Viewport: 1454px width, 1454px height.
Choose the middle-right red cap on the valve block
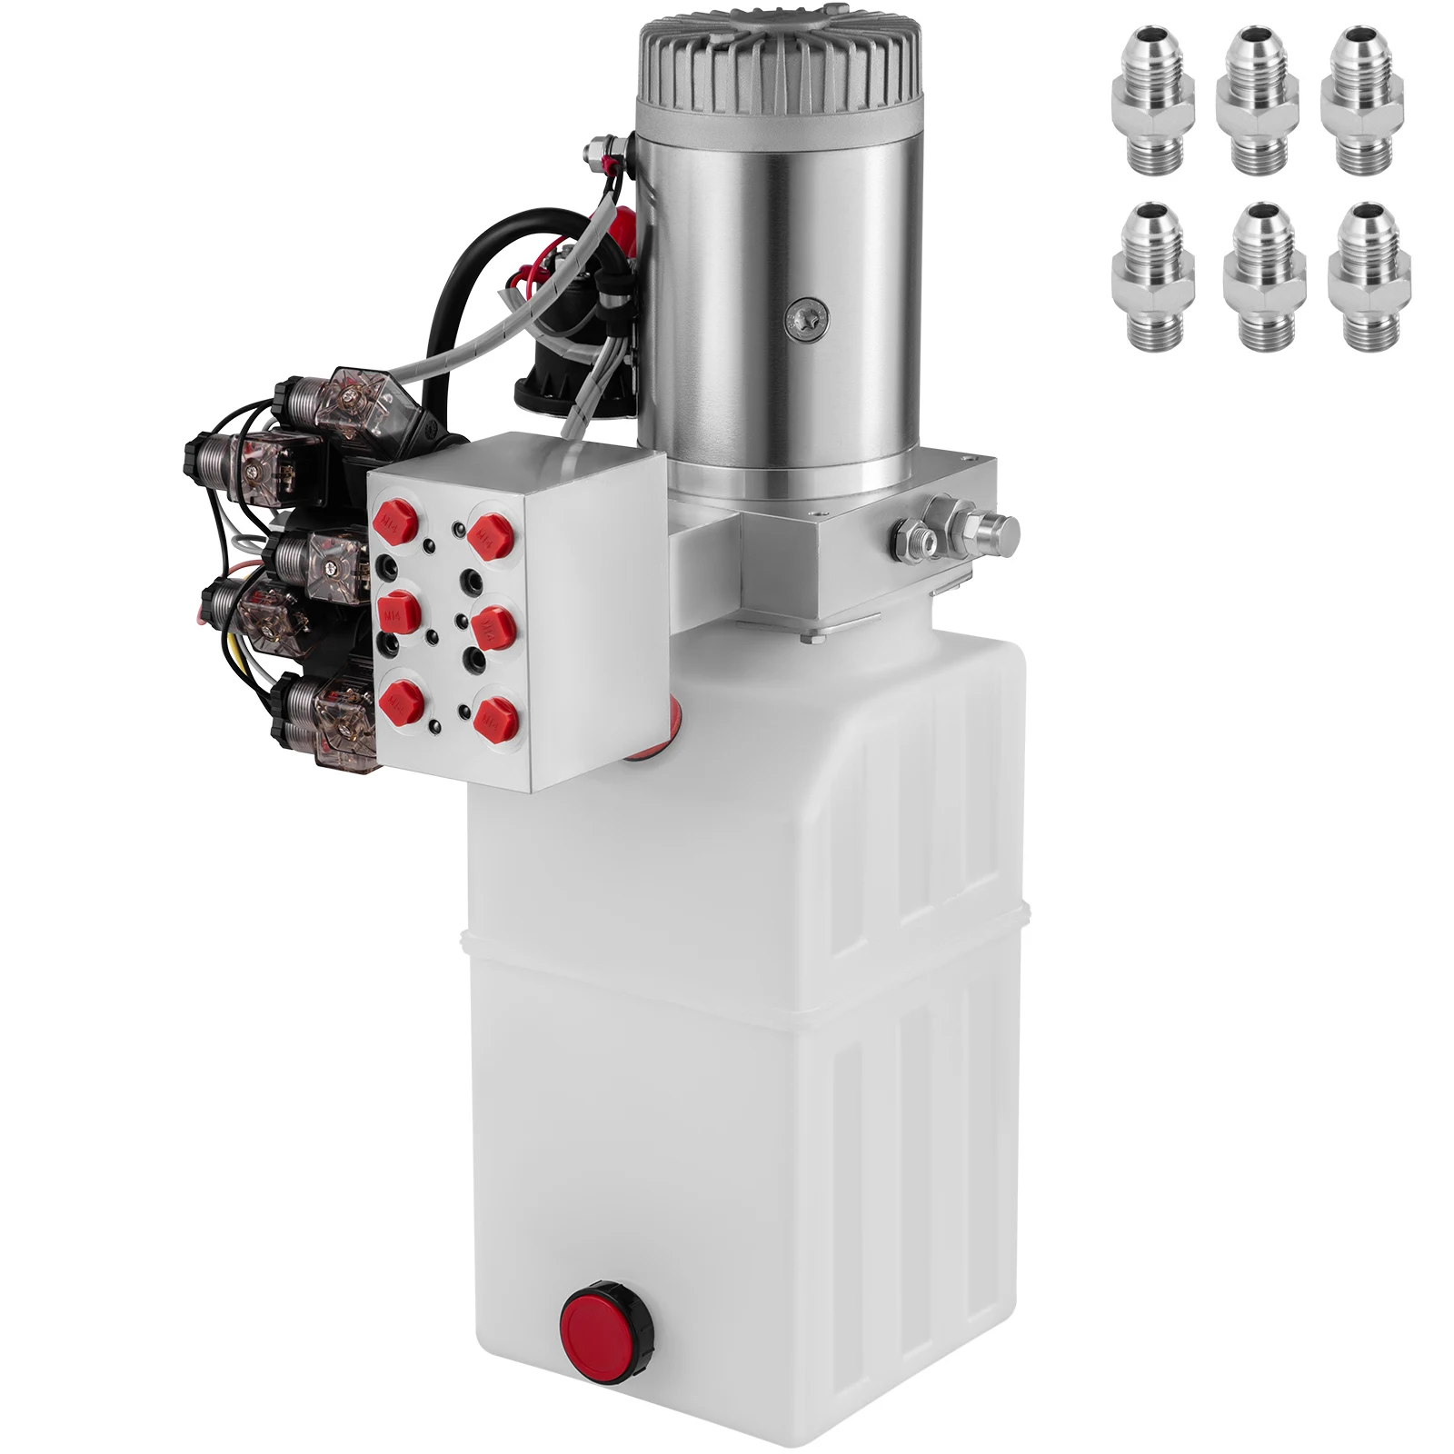coord(492,627)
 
